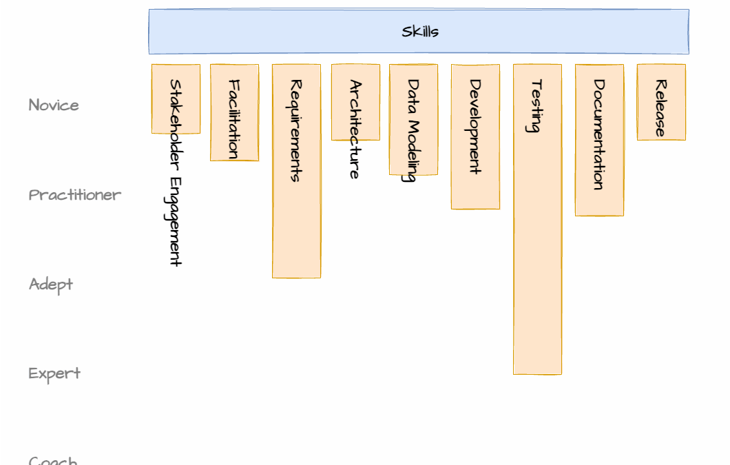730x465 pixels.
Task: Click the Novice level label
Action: click(54, 105)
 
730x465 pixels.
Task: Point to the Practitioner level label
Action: click(74, 195)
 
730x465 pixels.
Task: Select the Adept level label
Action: click(51, 285)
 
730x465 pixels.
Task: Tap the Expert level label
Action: click(54, 373)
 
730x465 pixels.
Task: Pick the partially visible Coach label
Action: click(52, 460)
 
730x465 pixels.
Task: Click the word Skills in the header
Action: click(420, 31)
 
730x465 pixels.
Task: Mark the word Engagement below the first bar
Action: click(176, 221)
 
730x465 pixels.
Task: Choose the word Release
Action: click(660, 108)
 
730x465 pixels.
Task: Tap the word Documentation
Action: click(599, 134)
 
